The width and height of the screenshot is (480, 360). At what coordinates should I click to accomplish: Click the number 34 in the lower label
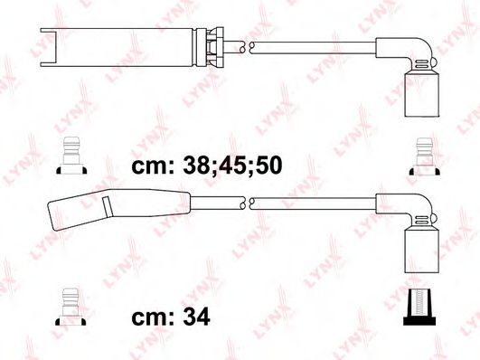(x=196, y=317)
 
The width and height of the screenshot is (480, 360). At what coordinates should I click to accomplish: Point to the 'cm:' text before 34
(x=153, y=318)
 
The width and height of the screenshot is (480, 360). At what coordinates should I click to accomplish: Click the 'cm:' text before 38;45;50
(x=153, y=166)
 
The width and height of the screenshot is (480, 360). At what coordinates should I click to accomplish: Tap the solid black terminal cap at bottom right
(x=419, y=307)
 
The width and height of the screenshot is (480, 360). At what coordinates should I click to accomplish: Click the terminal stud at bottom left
(x=71, y=307)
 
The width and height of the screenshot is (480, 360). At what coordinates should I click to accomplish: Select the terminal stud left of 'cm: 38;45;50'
(x=71, y=156)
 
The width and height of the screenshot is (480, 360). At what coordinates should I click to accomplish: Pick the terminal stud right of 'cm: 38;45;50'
(x=425, y=156)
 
